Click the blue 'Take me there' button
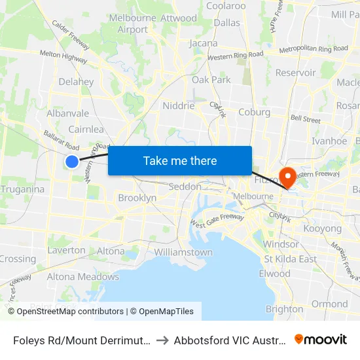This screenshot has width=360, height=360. tap(180, 161)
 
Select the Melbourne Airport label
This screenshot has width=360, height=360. tap(133, 24)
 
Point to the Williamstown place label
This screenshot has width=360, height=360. tap(183, 252)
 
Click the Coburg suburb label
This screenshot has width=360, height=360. tap(255, 112)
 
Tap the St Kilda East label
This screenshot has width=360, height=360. tap(290, 259)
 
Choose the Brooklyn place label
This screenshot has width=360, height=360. tap(137, 198)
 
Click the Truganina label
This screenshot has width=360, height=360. tap(23, 189)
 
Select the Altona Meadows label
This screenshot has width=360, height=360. tap(82, 277)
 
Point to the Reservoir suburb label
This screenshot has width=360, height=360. tap(295, 73)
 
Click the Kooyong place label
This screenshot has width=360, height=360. tap(321, 229)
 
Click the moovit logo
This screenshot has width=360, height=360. tap(321, 340)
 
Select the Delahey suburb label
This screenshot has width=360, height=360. tap(76, 82)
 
